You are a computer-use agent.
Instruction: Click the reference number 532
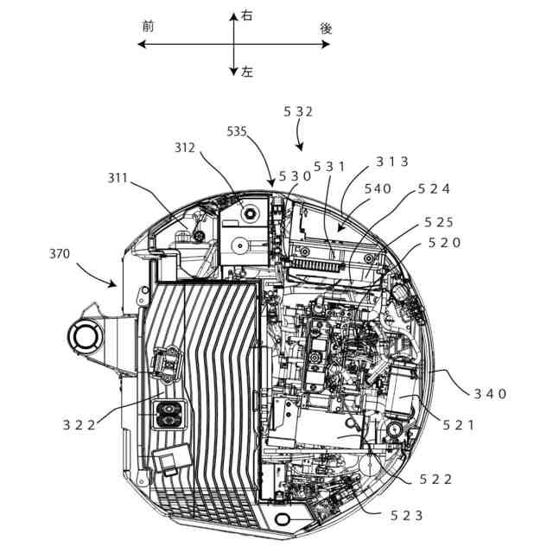coord(298,111)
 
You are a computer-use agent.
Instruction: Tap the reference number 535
coord(237,131)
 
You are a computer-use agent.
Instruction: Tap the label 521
coord(458,424)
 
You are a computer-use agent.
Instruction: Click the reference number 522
coord(436,479)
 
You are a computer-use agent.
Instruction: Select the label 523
coord(407,515)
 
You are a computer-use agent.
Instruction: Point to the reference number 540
coord(377,188)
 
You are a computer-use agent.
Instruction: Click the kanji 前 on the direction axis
coord(148,27)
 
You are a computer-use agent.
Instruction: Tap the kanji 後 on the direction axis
coord(326,28)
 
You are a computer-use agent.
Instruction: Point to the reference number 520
coord(444,243)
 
